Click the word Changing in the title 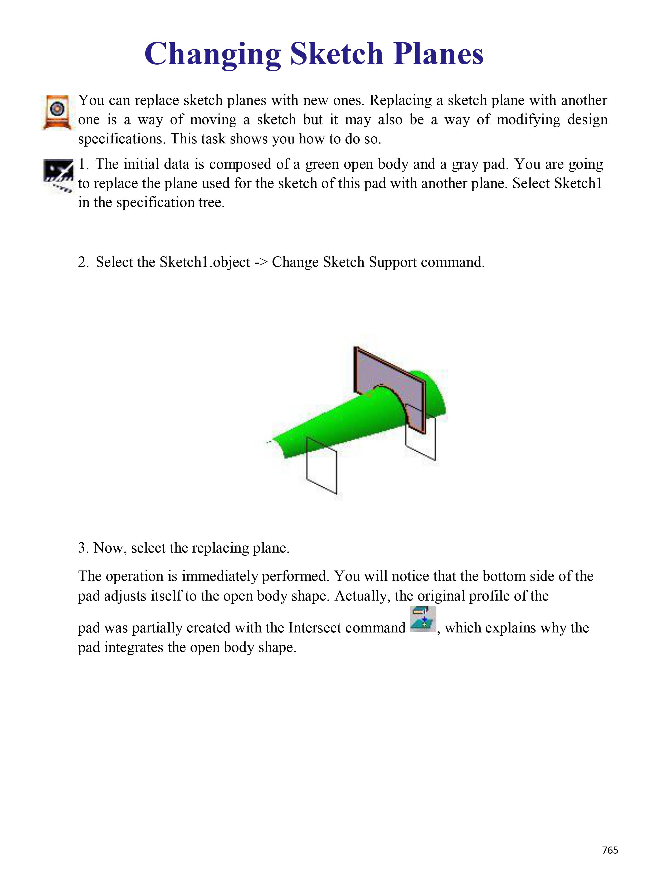213,55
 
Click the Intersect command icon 423,619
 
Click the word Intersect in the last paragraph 313,628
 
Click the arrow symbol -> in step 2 261,262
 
